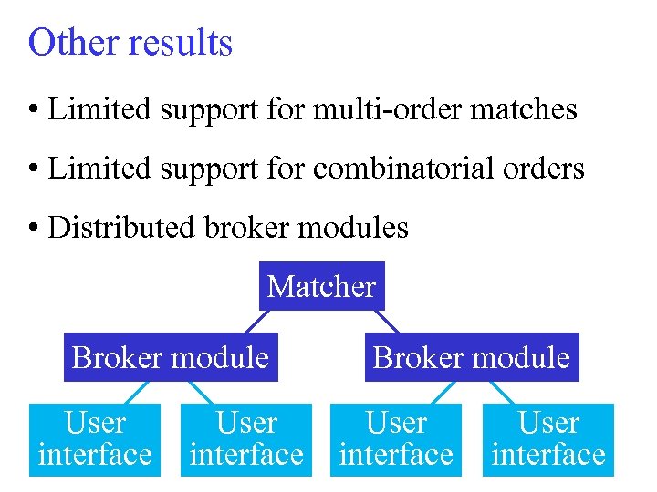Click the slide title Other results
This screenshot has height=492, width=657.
[x=130, y=43]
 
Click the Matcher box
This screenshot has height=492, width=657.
[x=321, y=287]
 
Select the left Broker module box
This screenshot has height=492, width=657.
[x=171, y=357]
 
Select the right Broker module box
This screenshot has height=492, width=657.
[x=472, y=357]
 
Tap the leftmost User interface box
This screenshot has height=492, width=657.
[x=95, y=438]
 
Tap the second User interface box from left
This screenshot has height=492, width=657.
[x=246, y=438]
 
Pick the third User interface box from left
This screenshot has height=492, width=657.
[x=396, y=438]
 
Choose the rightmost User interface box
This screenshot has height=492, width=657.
[x=548, y=438]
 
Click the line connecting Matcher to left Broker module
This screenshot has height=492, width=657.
[x=255, y=322]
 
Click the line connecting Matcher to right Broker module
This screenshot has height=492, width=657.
[x=389, y=322]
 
